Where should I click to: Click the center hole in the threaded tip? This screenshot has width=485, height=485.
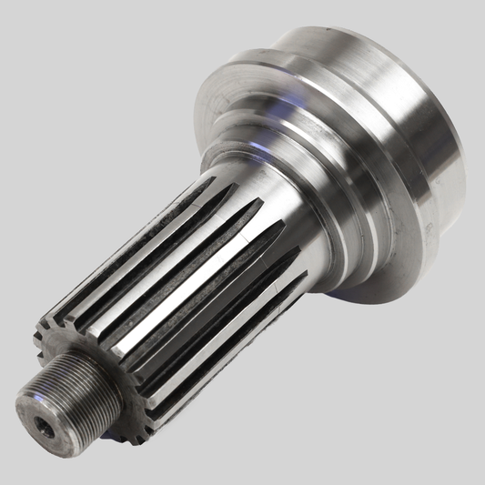pyautogui.click(x=45, y=429)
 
